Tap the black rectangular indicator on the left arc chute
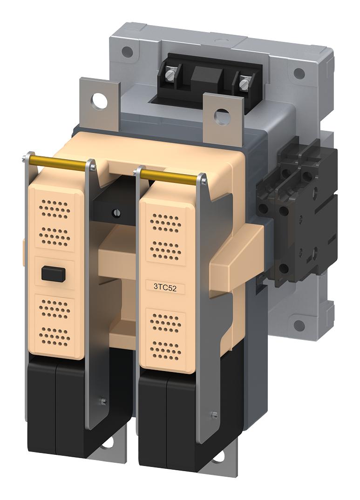51,273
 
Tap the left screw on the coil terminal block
171,72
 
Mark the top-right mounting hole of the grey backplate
300,74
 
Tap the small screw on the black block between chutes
114,213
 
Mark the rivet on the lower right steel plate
213,415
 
